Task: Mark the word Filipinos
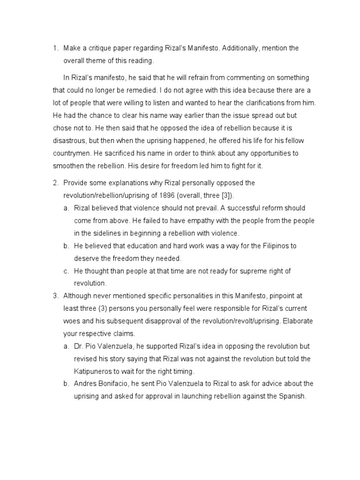click(270, 246)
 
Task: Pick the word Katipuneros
click(97, 371)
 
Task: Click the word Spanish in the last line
click(292, 396)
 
